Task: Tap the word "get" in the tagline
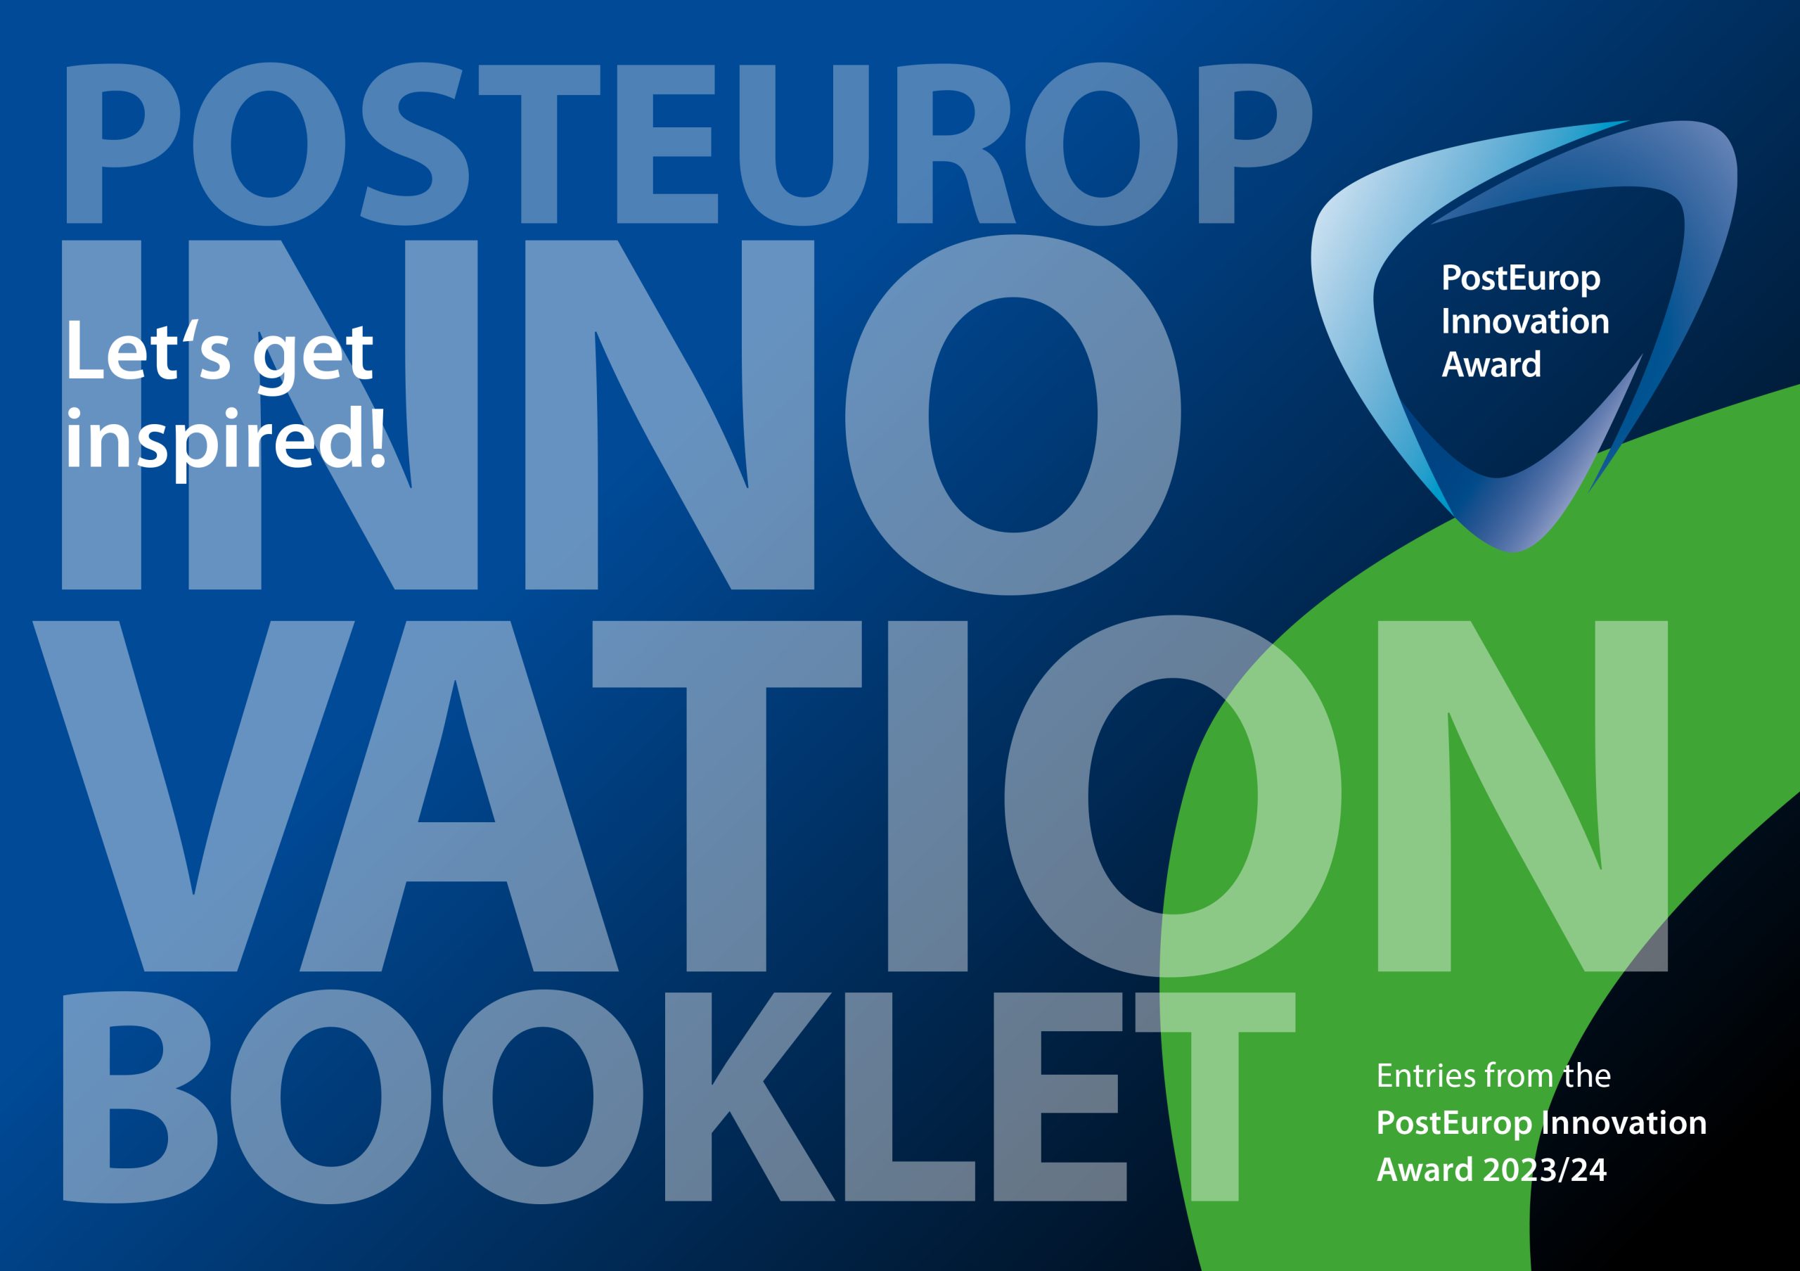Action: click(312, 357)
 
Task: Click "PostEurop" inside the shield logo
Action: click(1520, 280)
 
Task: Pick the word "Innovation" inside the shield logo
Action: click(1525, 321)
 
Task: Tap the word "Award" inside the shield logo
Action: click(1491, 364)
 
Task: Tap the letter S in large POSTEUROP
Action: click(415, 143)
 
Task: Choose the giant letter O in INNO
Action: click(1013, 414)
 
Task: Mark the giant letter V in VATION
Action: click(193, 797)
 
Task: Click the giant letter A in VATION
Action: click(458, 797)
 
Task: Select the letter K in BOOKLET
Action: click(750, 1097)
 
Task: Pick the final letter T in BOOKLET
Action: click(1214, 1097)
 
